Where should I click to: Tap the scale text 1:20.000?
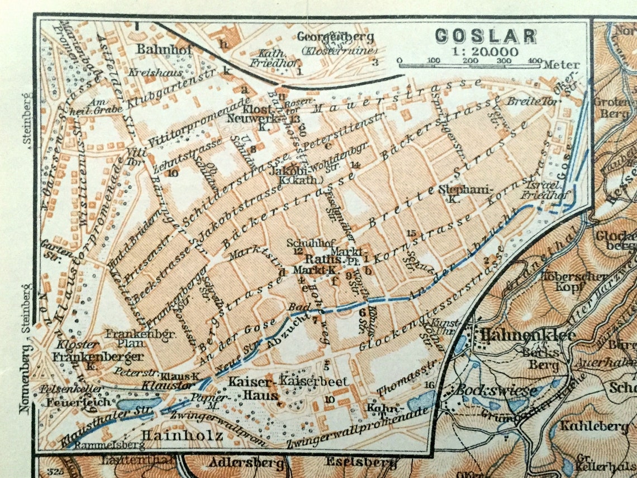[x=486, y=51]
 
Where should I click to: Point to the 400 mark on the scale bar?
[x=535, y=60]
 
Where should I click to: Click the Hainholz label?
[x=183, y=435]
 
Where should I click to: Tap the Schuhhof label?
[x=303, y=243]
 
